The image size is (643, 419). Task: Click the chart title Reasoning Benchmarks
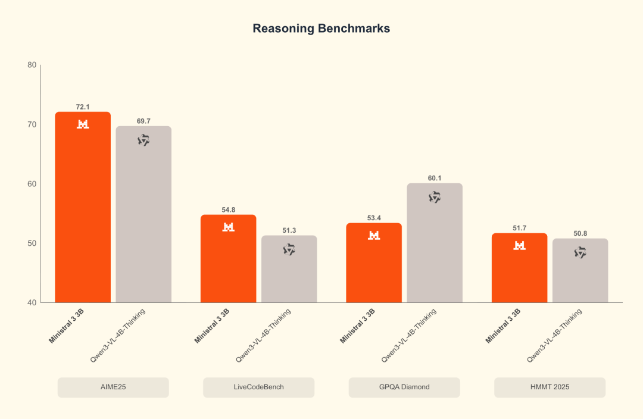tap(321, 29)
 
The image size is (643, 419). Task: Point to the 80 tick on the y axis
tap(32, 65)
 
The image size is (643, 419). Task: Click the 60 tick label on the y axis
tap(32, 184)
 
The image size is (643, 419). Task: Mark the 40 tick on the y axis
tap(32, 302)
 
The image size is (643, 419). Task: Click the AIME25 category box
tap(113, 387)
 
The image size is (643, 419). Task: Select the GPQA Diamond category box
tap(404, 387)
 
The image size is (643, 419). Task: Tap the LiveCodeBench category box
tap(258, 387)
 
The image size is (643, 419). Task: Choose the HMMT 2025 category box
tap(550, 387)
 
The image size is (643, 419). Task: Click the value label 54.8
tap(228, 209)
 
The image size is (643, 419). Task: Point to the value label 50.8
tap(580, 233)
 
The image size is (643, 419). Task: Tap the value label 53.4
tap(374, 218)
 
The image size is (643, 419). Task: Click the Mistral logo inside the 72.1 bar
tap(83, 124)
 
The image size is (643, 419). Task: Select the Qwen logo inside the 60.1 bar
tap(435, 197)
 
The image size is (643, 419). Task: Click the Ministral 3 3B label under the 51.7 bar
tap(503, 326)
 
